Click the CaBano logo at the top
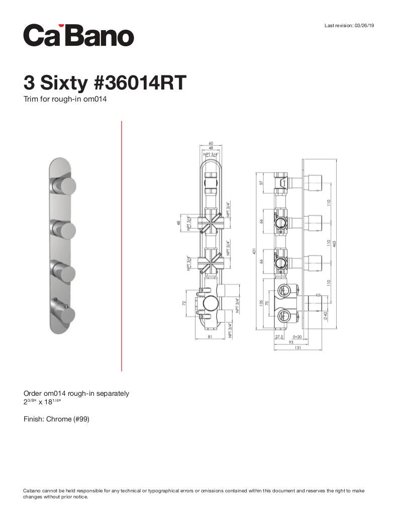78,35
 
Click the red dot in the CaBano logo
61,26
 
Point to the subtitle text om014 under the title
95,99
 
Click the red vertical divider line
122,246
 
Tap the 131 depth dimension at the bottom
298,348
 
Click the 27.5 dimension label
279,336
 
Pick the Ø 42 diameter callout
325,316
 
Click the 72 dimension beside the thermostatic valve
184,303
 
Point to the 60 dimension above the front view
211,143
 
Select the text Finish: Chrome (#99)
56,419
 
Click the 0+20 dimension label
297,336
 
